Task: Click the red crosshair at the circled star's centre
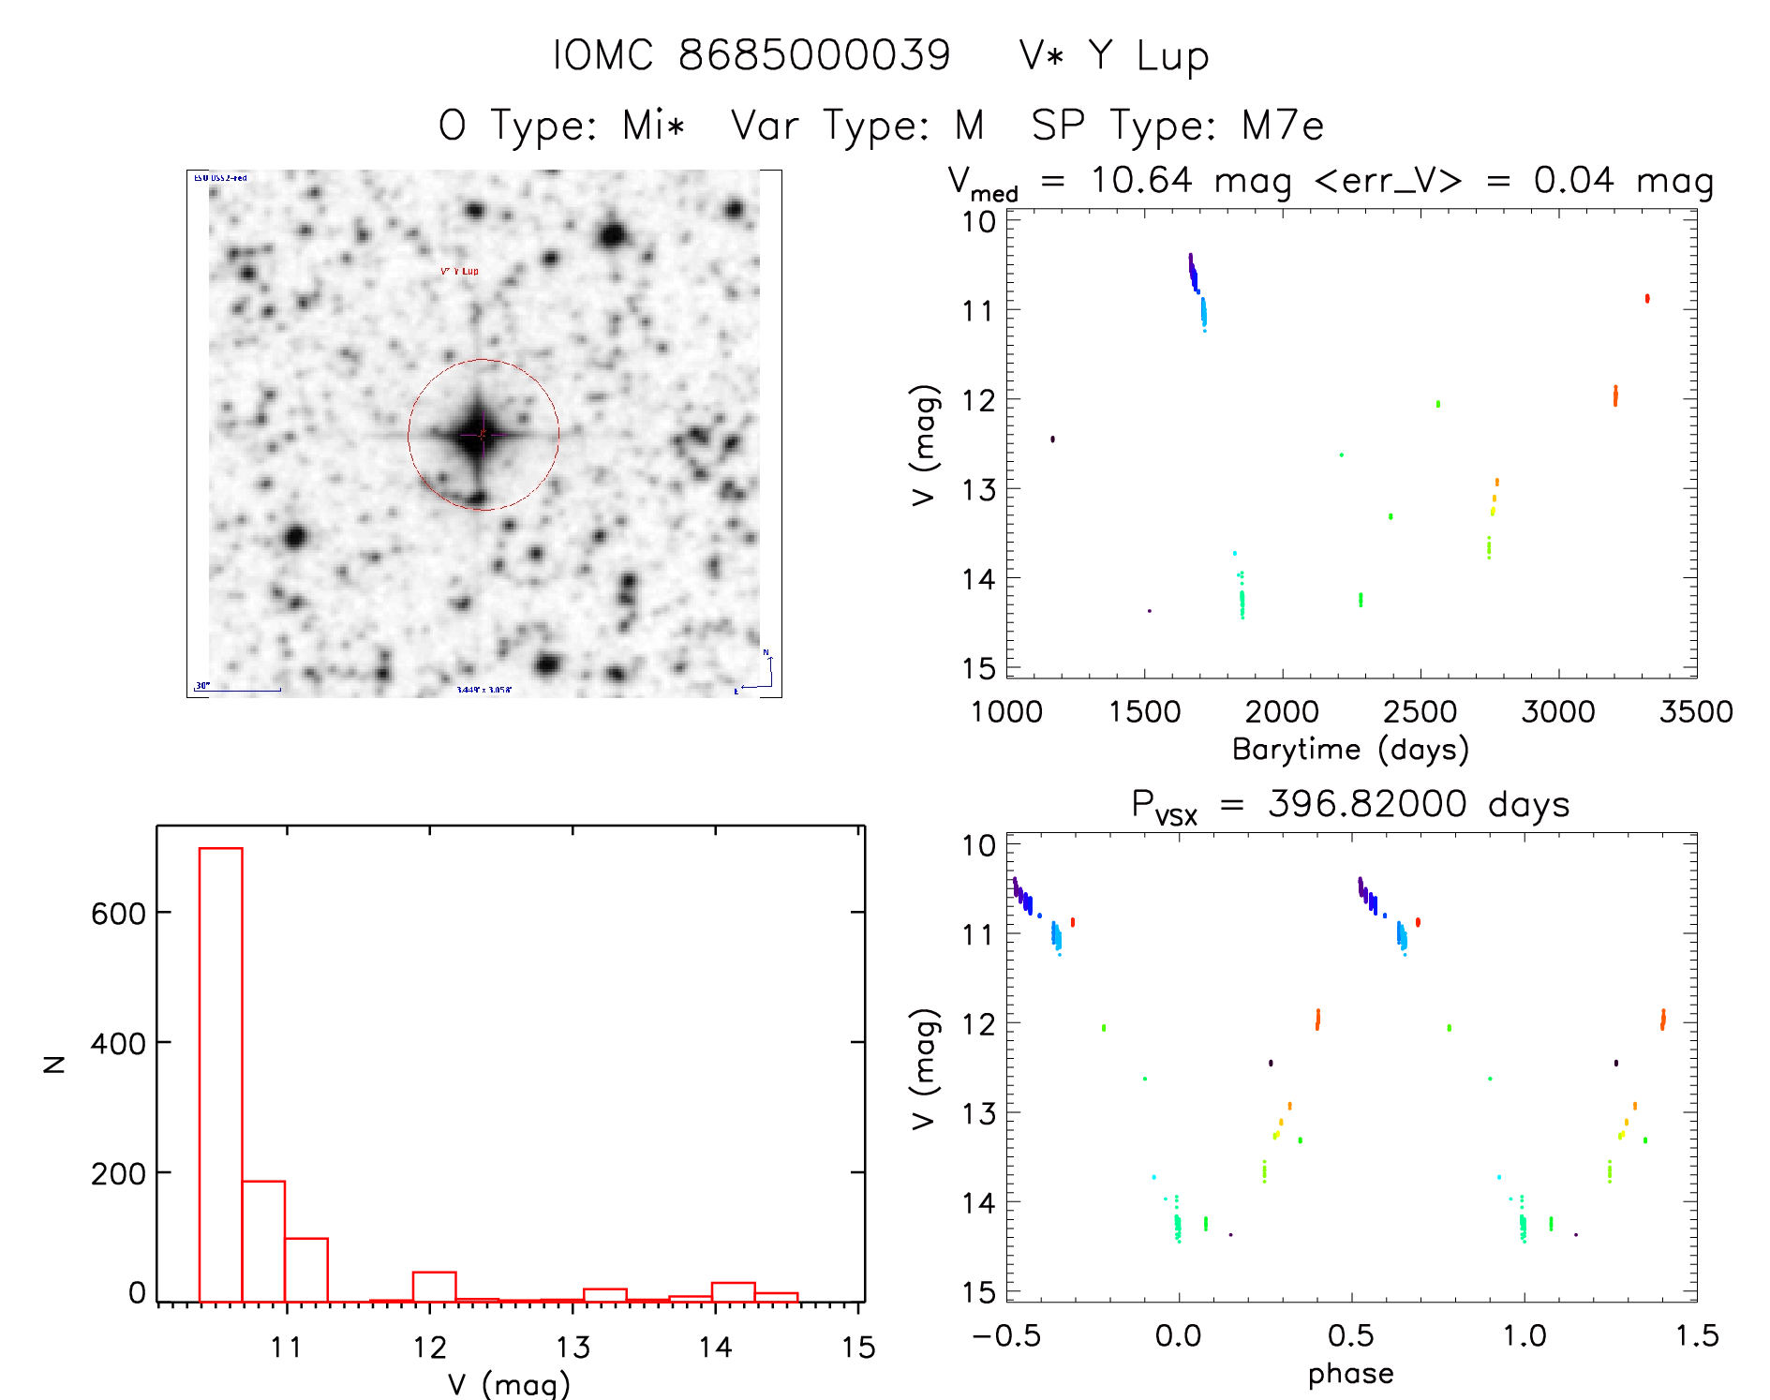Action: pos(483,434)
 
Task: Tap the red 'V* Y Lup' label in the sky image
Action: pos(459,271)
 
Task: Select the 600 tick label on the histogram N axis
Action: pos(118,914)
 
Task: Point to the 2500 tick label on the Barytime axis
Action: pos(1420,712)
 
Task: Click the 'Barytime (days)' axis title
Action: pos(1350,750)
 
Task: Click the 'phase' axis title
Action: pos(1350,1374)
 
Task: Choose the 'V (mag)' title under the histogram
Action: pos(509,1384)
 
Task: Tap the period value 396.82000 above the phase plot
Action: pos(1367,804)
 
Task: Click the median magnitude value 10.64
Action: pos(1141,180)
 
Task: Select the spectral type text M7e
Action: pos(1283,126)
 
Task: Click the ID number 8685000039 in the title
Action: pos(814,55)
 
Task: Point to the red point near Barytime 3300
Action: pos(1646,299)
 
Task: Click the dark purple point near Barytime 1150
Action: pos(1052,439)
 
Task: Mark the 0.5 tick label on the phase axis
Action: pos(1350,1336)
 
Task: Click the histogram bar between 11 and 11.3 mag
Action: pos(306,1270)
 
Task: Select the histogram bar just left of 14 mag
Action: pos(690,1299)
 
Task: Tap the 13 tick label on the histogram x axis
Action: pos(573,1348)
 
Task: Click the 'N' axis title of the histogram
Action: pos(54,1064)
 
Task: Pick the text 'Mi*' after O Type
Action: pos(654,126)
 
